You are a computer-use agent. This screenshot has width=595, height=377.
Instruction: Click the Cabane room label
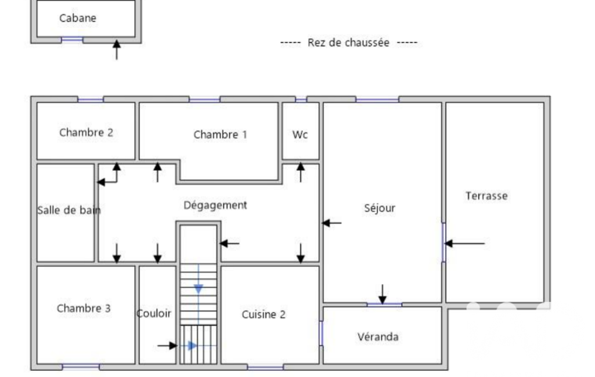point(78,18)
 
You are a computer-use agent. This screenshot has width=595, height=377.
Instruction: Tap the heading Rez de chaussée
point(348,42)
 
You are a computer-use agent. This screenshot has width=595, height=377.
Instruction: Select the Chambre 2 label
point(86,132)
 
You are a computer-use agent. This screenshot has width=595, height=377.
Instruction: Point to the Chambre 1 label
point(220,135)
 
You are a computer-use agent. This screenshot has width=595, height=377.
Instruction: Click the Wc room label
point(300,135)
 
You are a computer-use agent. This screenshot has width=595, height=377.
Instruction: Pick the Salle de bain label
point(69,210)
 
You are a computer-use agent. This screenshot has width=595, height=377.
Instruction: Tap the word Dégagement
point(215,205)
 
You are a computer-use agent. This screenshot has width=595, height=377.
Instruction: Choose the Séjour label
point(380,208)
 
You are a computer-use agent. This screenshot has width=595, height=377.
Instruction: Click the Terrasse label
point(486,195)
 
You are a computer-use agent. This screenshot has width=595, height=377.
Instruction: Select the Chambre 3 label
point(84,309)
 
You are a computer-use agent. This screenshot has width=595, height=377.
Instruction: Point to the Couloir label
point(154,313)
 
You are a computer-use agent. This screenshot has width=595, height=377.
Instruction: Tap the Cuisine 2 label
point(264,314)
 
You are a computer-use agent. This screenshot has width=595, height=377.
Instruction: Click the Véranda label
point(378,337)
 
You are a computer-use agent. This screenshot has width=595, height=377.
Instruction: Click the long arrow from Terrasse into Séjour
point(464,243)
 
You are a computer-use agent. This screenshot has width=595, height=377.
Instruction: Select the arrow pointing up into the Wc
point(301,172)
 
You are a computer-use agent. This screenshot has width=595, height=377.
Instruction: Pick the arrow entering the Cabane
point(117,49)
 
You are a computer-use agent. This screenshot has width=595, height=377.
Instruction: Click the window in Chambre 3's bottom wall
point(81,367)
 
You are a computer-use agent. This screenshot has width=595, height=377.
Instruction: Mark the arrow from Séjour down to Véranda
point(383,294)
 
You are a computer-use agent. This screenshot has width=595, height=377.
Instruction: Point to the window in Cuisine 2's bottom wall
point(265,367)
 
